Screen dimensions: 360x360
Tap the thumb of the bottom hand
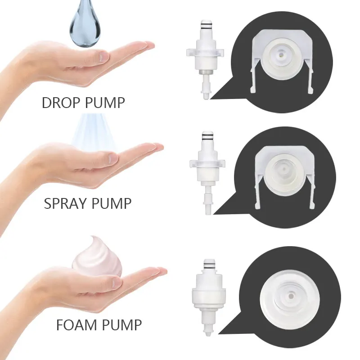[108, 283]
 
